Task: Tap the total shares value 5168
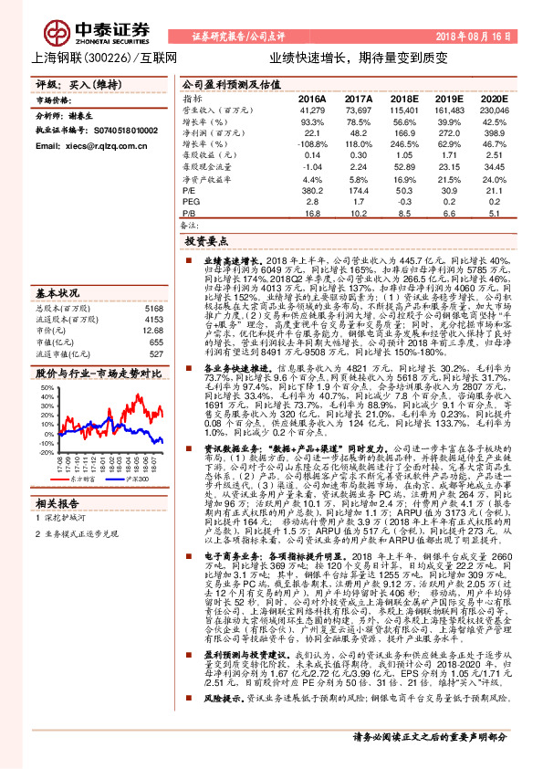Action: [x=153, y=310]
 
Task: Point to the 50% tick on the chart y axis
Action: [x=45, y=389]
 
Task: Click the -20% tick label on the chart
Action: [x=43, y=451]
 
